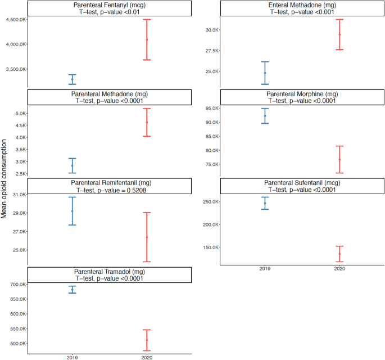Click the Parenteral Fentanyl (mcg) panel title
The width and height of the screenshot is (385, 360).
(x=110, y=4)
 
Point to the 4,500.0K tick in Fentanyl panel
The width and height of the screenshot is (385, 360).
(x=13, y=20)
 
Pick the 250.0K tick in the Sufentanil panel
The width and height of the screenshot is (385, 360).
(x=209, y=202)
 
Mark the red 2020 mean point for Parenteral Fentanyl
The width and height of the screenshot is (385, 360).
(x=147, y=39)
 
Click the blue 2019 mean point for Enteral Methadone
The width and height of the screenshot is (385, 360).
(x=265, y=73)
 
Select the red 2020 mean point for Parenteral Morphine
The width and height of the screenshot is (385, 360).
(x=339, y=160)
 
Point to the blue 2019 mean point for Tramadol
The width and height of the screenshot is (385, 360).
(x=72, y=290)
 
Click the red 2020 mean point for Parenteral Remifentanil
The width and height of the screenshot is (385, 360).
(x=147, y=237)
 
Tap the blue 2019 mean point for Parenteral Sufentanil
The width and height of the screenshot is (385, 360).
(x=265, y=203)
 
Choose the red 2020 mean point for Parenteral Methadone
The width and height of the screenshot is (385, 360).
(x=147, y=122)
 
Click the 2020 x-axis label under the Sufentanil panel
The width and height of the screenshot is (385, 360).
(x=339, y=269)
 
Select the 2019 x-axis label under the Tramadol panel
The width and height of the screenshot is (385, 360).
(x=72, y=357)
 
